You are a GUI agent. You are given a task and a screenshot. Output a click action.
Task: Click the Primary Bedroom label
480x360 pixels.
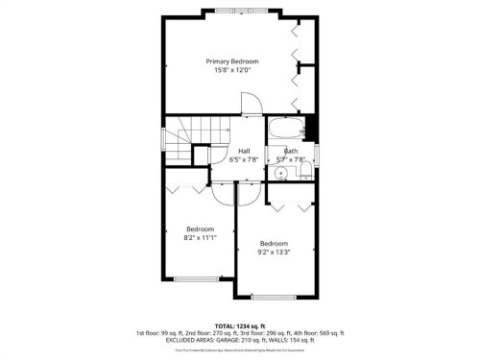coord(232,60)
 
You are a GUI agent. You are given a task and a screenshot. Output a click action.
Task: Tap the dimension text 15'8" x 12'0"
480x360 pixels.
coord(232,70)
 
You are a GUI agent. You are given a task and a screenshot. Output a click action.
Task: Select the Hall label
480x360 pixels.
coord(245,151)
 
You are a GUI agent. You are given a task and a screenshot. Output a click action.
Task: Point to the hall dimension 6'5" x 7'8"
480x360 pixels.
coord(245,160)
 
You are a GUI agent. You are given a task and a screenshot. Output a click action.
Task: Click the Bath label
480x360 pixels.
coord(290,151)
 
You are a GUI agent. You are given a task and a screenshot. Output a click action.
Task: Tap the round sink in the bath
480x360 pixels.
coord(279,174)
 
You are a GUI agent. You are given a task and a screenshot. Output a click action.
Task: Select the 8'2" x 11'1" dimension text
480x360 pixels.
coord(200,237)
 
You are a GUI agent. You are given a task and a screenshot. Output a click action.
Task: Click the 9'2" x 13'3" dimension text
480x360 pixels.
coord(274,252)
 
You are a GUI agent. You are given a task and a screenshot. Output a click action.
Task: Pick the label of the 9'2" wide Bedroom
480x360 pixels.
coord(274,243)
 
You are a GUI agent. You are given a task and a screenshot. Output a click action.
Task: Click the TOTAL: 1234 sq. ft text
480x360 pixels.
coord(240,326)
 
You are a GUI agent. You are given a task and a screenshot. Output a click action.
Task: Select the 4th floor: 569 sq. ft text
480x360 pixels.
coord(317,333)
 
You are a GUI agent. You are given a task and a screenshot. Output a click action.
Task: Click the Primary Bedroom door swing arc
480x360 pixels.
coord(250,102)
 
